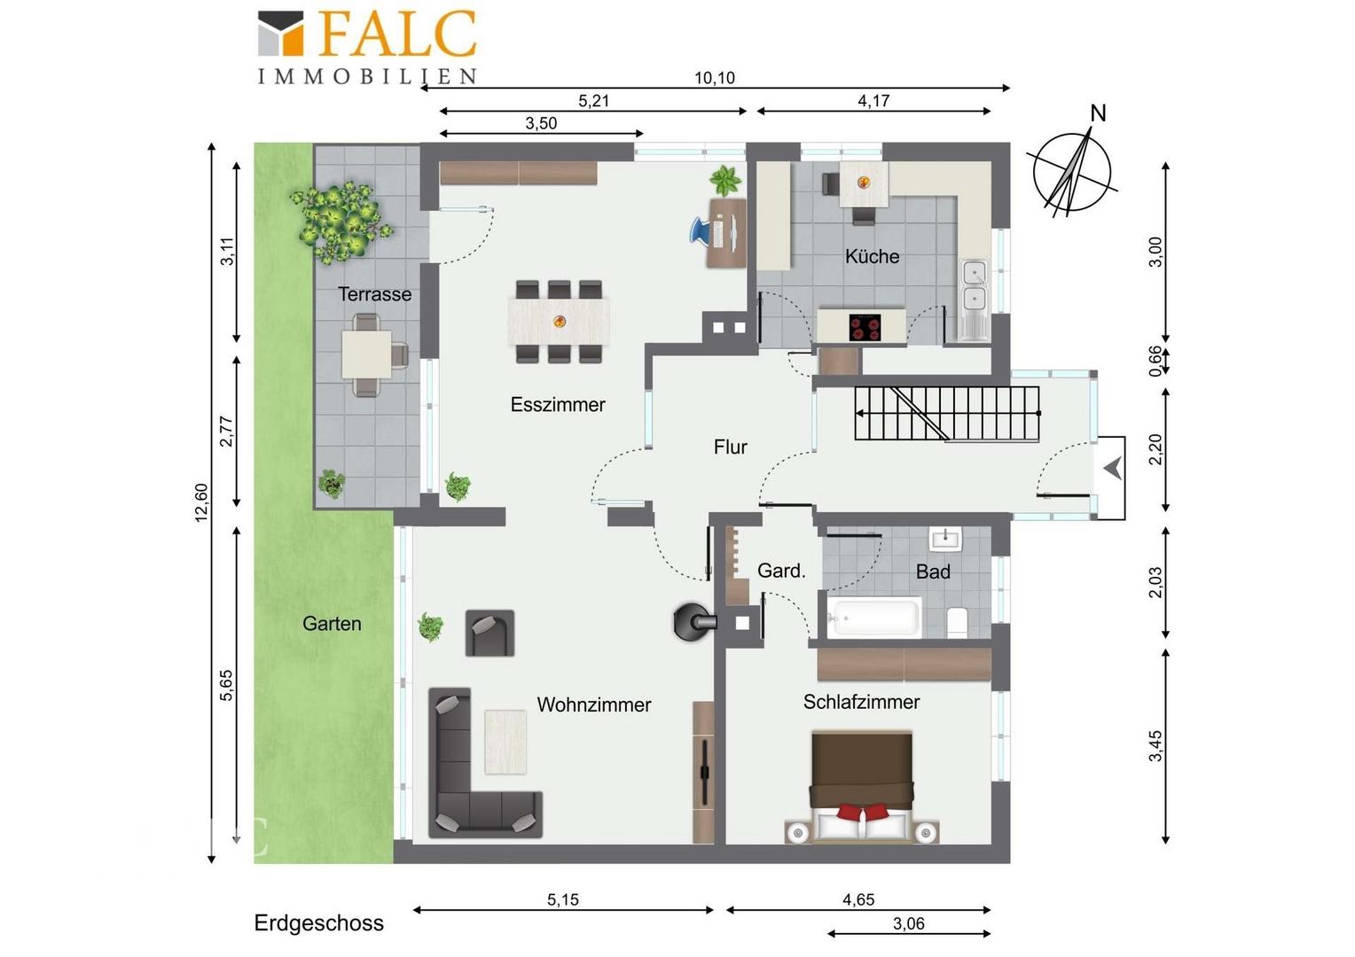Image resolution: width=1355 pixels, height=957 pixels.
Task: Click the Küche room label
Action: click(872, 256)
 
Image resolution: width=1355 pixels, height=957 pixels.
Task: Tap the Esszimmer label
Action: click(558, 404)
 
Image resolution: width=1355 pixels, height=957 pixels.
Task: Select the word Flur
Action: click(730, 447)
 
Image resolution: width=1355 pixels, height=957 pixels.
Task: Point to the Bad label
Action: click(933, 572)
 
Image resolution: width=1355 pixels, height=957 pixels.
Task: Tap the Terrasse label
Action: click(374, 294)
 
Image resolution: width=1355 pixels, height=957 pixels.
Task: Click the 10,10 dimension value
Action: click(715, 78)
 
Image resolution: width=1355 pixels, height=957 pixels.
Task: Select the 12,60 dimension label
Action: click(201, 502)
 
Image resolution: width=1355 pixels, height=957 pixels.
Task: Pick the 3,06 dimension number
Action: click(909, 923)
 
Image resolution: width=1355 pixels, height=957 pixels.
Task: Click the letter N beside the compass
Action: click(1098, 113)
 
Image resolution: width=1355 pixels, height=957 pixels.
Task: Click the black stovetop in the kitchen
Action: click(865, 328)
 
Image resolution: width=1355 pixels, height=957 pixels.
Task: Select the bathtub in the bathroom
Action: click(873, 617)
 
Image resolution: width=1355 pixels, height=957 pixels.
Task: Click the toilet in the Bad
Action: click(957, 622)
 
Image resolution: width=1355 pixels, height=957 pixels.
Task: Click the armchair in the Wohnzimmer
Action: click(490, 633)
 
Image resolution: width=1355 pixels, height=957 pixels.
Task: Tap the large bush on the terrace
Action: click(341, 222)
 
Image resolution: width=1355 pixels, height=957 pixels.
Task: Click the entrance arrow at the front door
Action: click(1113, 469)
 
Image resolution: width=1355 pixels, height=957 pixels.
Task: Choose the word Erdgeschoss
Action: click(318, 923)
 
